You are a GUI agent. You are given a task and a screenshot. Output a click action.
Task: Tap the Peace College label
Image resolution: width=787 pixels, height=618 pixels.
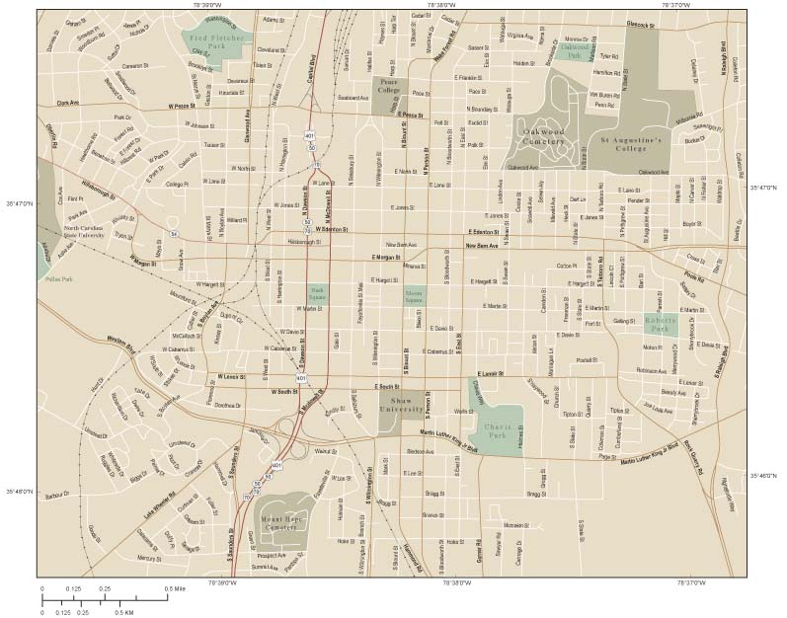pos(389,93)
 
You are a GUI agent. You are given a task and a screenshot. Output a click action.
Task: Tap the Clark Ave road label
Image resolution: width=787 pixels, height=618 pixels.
pos(67,102)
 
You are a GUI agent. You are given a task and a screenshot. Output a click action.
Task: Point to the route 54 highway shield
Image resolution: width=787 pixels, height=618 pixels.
pos(174,234)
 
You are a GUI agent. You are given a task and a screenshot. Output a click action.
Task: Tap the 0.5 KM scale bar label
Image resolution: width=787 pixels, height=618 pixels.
pos(124,612)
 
